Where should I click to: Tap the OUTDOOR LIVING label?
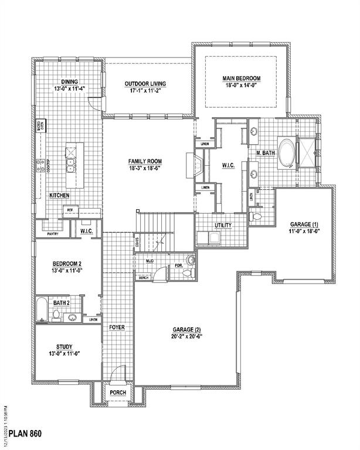145,84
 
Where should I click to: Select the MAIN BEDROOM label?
241,78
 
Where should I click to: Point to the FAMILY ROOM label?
145,161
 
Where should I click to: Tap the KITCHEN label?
59,195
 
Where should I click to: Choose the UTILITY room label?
223,225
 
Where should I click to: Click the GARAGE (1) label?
304,224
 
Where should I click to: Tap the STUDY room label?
60,347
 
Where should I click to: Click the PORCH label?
118,393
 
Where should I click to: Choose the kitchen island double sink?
71,165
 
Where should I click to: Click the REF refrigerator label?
69,210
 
